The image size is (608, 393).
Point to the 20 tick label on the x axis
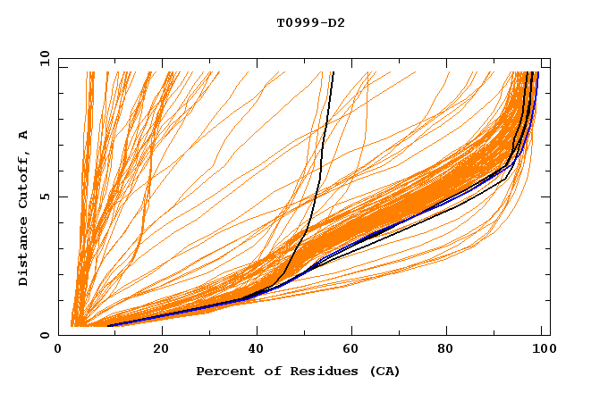(x=162, y=349)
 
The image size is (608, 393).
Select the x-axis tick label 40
(x=257, y=349)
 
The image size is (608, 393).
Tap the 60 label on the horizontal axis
(x=351, y=349)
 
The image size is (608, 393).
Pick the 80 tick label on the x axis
(x=446, y=349)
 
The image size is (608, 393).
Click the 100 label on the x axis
(x=541, y=349)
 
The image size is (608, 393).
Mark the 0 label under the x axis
(x=67, y=349)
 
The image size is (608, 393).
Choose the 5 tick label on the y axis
(x=43, y=196)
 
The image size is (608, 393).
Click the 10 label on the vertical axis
(x=43, y=58)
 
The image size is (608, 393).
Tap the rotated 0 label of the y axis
(x=43, y=335)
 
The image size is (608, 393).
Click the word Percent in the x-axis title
(x=224, y=371)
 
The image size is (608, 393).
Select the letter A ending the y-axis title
(x=24, y=135)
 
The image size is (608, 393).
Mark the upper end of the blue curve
(x=537, y=73)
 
